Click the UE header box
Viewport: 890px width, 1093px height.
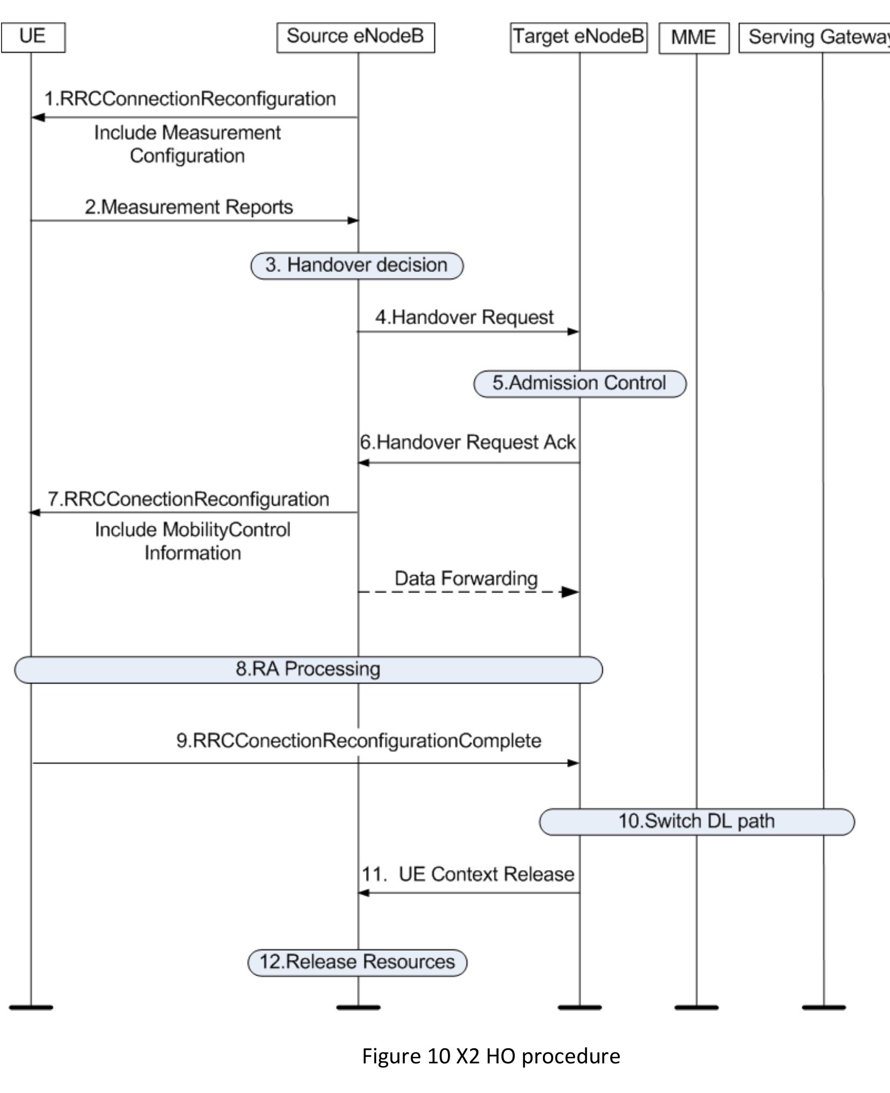33,37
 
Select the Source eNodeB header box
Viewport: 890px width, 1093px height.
355,37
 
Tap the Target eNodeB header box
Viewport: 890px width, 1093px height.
578,37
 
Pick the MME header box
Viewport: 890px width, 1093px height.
694,38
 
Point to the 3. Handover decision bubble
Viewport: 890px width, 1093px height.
357,266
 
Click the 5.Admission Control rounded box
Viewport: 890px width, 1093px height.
579,384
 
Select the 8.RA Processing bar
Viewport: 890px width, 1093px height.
308,670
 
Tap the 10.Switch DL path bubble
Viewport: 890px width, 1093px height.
696,822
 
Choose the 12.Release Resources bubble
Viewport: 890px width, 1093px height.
357,963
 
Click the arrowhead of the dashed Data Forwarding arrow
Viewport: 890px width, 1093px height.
570,592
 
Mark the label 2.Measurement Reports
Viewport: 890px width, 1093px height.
189,207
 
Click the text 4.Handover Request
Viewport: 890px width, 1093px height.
464,317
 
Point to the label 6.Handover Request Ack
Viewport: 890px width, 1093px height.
467,442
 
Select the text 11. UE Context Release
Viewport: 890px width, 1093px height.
467,874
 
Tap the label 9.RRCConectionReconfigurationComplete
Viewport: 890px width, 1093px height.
358,741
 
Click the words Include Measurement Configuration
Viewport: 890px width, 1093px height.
187,144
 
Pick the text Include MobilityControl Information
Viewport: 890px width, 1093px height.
192,541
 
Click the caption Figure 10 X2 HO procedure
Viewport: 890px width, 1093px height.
491,1056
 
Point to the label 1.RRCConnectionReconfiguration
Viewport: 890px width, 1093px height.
190,99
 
